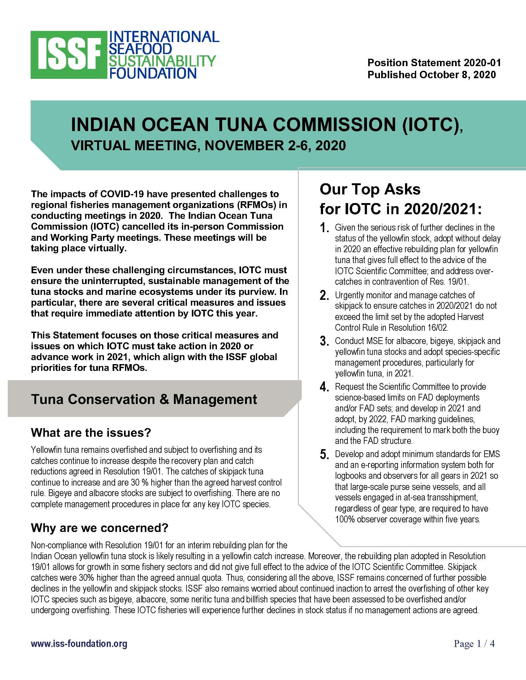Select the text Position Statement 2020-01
tap(434, 62)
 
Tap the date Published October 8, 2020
tap(432, 75)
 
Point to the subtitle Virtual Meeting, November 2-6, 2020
tap(209, 146)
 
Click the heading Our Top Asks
tap(370, 189)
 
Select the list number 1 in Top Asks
tap(324, 228)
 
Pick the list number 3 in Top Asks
tap(324, 342)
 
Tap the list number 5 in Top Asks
tap(324, 455)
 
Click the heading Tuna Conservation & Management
tap(144, 399)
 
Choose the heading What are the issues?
tap(91, 432)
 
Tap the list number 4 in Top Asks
tap(324, 387)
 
